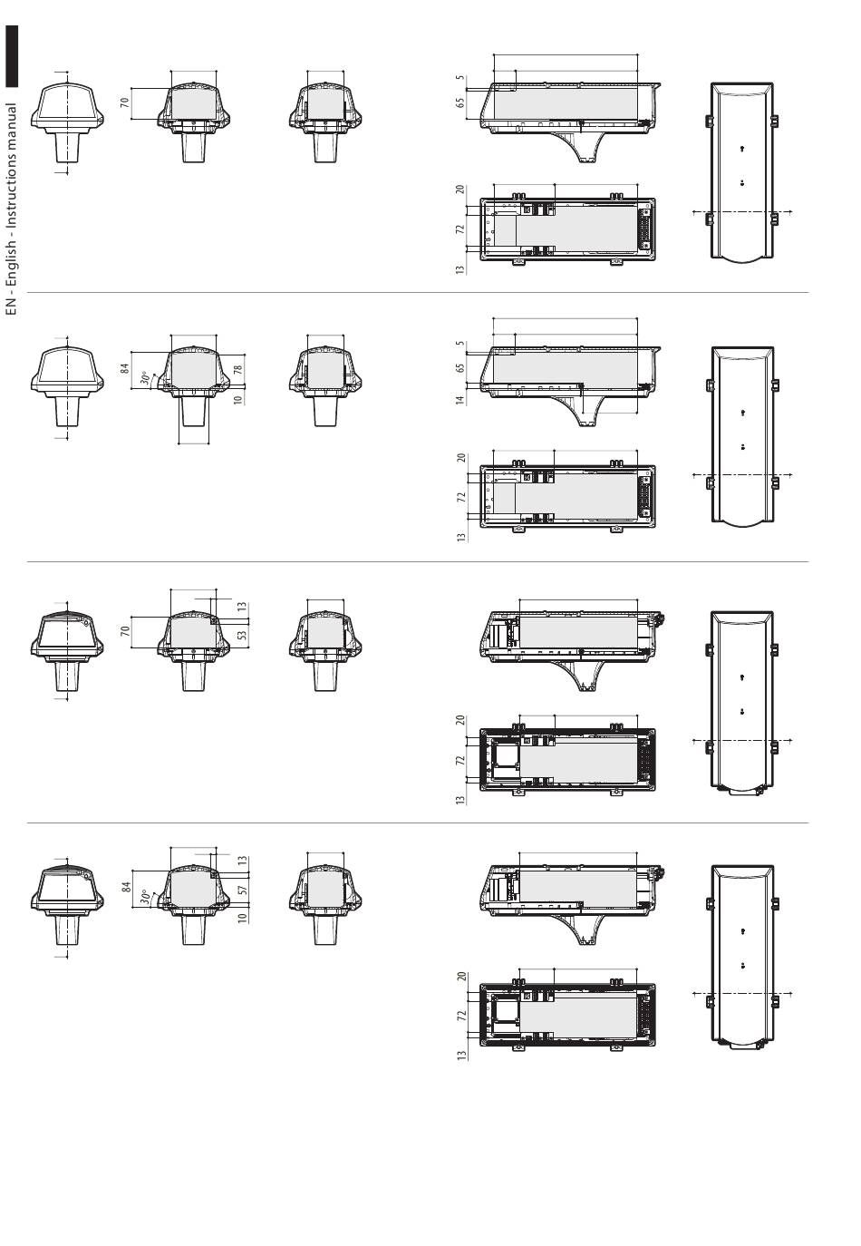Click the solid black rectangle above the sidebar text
coord(12,58)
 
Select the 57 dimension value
coord(242,891)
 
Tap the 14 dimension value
coord(460,399)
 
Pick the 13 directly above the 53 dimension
coord(242,605)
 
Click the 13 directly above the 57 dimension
coord(242,861)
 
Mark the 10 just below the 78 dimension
coord(238,399)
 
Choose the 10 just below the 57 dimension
coord(242,917)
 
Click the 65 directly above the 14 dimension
coord(460,368)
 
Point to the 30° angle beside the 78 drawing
coord(144,377)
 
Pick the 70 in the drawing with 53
coord(126,628)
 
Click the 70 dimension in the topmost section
coord(126,101)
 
